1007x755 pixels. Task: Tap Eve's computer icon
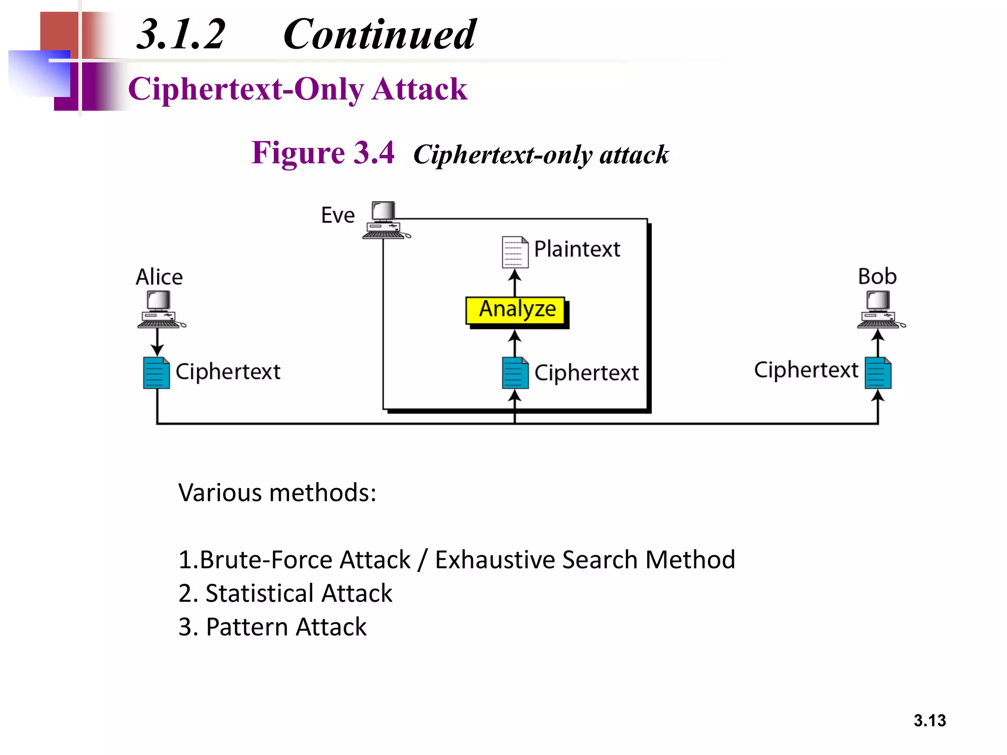click(385, 220)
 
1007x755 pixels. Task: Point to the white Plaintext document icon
click(515, 252)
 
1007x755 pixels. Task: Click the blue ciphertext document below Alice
click(156, 373)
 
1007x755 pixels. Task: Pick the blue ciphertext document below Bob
click(878, 373)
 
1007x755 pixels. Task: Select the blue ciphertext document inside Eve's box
click(515, 373)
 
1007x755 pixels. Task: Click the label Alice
click(159, 277)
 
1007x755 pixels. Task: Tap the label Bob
click(877, 276)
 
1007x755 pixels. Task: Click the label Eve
click(338, 215)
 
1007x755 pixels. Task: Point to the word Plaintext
click(577, 249)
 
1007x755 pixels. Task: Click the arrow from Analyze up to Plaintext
click(515, 283)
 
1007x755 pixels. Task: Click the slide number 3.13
click(929, 721)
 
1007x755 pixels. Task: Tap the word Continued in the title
click(379, 34)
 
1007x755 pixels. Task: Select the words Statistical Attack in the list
click(298, 593)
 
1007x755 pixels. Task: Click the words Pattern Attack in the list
click(286, 627)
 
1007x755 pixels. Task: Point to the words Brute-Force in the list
click(256, 560)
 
